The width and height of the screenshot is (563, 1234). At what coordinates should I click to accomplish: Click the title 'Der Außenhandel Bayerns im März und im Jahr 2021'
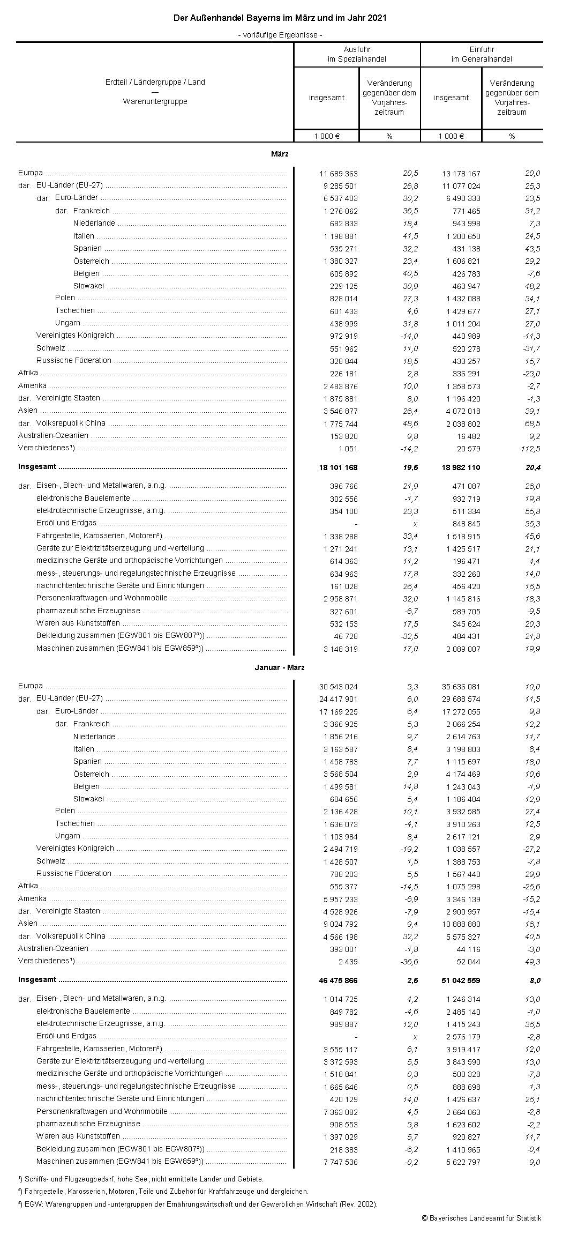pos(280,19)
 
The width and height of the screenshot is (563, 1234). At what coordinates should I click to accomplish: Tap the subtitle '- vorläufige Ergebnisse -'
pos(280,35)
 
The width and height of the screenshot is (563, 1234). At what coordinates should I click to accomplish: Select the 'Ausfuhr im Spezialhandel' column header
pos(357,54)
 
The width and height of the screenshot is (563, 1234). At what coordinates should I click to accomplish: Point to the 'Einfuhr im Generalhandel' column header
pos(482,54)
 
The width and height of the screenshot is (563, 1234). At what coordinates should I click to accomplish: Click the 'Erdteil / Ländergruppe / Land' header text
pos(155,83)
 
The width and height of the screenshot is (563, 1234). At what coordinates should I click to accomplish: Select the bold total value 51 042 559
pos(460,981)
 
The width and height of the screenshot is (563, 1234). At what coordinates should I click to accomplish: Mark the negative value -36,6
pos(408,962)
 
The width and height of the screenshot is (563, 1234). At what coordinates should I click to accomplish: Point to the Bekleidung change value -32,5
pos(408,637)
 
